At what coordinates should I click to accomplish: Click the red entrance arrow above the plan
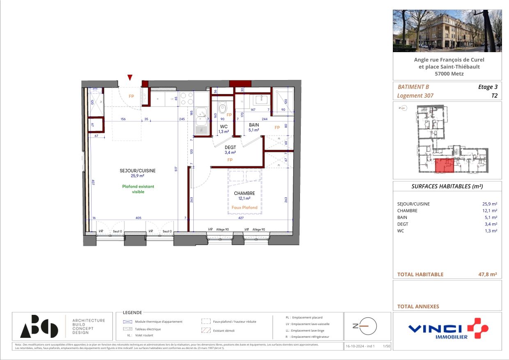[x=130, y=77]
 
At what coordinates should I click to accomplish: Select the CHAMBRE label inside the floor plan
[x=245, y=193]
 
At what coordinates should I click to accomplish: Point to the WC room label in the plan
[x=224, y=126]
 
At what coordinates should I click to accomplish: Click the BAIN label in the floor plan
[x=254, y=125]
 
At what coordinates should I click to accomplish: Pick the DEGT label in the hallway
[x=230, y=147]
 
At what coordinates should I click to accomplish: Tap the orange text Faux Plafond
[x=245, y=207]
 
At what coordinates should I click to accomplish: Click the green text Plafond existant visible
[x=138, y=189]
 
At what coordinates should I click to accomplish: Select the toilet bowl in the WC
[x=222, y=108]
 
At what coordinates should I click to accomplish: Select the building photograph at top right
[x=447, y=31]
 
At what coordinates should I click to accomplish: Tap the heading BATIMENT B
[x=413, y=87]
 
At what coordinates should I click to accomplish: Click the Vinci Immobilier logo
[x=447, y=328]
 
